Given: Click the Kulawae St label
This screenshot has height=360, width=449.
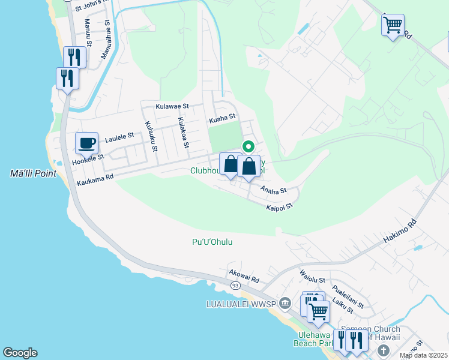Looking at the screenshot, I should tap(172, 106).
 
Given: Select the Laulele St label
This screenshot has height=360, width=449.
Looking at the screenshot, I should tap(118, 139).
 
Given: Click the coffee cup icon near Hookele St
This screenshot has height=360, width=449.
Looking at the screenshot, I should tap(86, 143).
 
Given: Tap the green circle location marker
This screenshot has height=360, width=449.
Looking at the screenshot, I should tap(248, 146).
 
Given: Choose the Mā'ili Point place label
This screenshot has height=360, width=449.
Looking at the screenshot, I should tap(33, 174).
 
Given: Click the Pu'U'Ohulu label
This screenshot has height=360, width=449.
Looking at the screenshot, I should tap(212, 242).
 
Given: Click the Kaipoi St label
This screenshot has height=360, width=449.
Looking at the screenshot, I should tap(279, 206).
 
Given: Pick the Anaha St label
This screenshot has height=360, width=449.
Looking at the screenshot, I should tap(274, 190).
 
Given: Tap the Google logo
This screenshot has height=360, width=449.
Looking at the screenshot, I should tap(20, 353).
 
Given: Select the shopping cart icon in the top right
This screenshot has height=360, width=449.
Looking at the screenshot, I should tap(393, 25).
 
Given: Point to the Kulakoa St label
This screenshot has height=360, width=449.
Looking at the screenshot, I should tap(182, 133).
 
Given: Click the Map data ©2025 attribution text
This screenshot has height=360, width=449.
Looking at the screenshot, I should tap(423, 355).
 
